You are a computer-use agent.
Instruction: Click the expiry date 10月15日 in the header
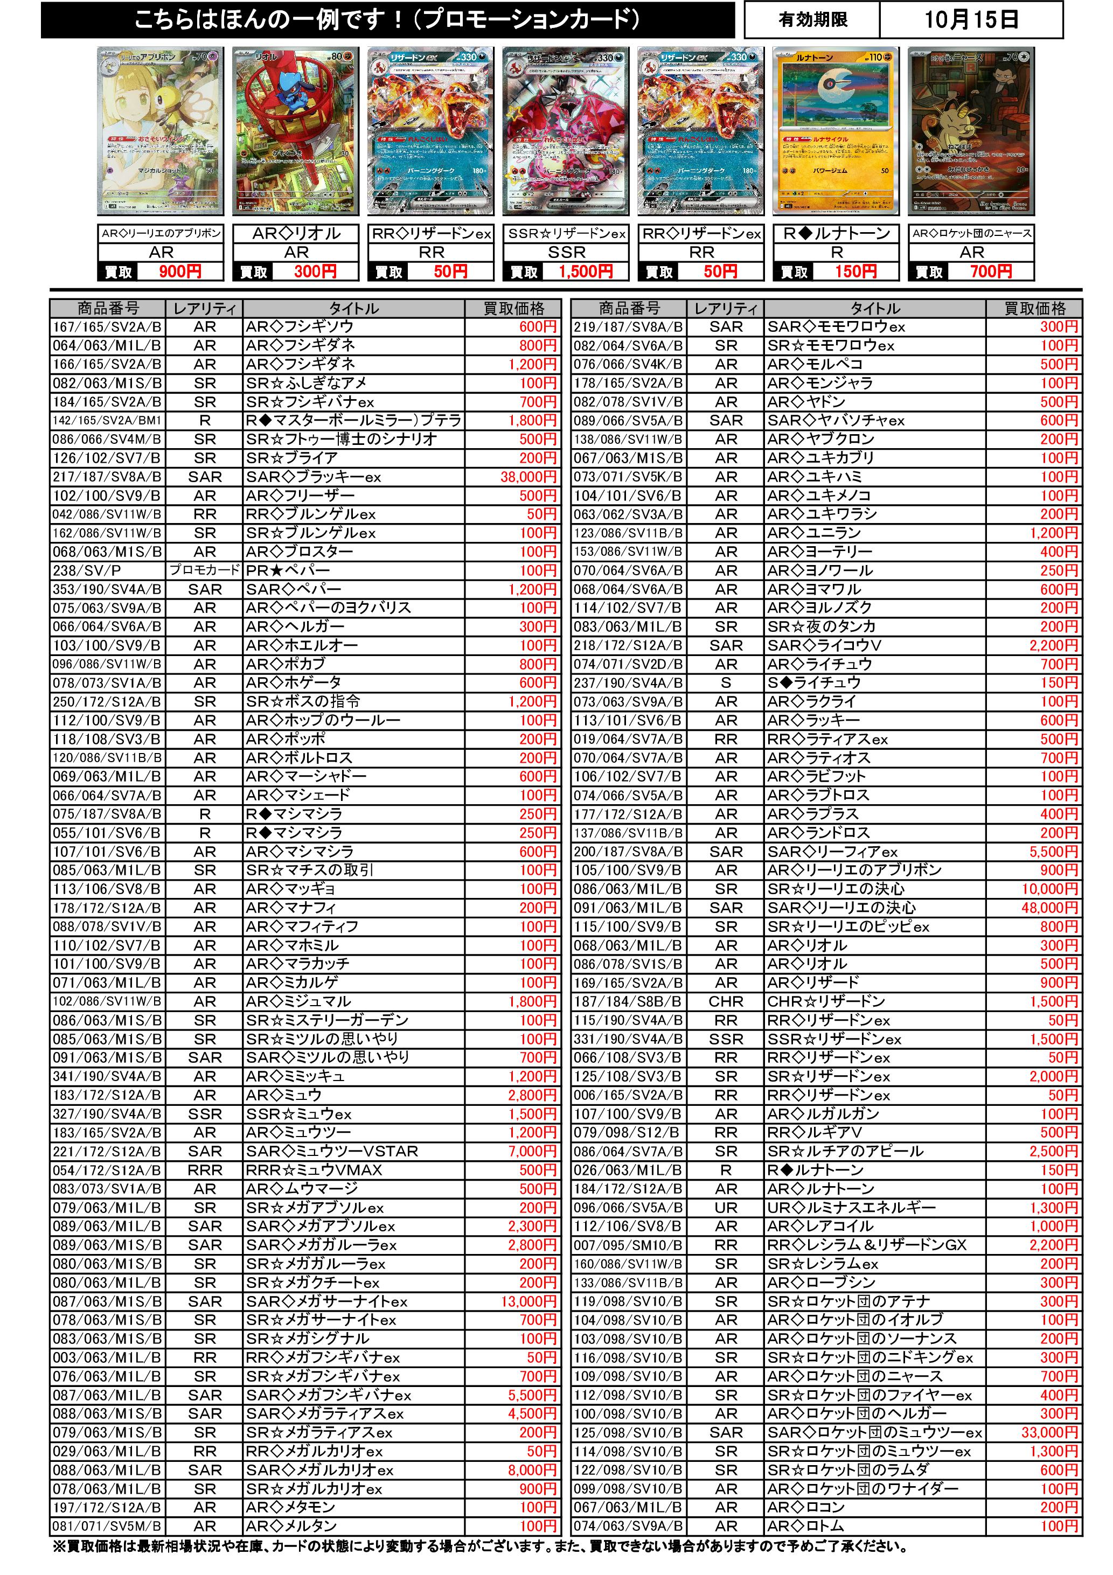970,20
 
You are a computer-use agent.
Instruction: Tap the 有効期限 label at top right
812,20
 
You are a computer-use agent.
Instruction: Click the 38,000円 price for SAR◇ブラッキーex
528,477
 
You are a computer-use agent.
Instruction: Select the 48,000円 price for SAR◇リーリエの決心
1049,908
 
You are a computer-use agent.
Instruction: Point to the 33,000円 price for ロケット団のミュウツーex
1049,1432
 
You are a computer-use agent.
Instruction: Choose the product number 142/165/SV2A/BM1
106,421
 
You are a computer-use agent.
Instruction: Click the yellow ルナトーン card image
837,131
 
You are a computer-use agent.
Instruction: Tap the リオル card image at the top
296,131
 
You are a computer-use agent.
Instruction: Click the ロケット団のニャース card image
971,131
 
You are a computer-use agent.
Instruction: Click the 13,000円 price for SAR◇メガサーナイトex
528,1301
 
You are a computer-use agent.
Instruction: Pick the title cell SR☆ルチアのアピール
845,1151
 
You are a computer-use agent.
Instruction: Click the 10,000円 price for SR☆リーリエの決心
1049,889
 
